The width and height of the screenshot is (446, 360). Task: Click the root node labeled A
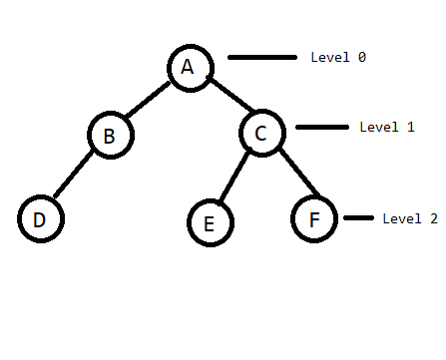pos(188,67)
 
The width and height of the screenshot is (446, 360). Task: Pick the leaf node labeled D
pos(40,219)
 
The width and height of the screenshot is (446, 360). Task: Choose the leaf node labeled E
pos(209,222)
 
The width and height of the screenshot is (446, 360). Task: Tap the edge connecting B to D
pos(74,178)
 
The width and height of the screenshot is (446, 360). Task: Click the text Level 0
pos(338,58)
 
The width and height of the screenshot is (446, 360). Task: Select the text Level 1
pos(386,128)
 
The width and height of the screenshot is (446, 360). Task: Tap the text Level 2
pos(409,218)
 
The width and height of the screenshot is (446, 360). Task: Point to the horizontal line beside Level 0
pos(262,58)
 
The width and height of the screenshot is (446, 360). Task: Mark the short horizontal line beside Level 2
pos(358,217)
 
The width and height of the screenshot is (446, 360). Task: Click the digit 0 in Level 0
pos(361,58)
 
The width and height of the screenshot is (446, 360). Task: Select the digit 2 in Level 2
pos(433,218)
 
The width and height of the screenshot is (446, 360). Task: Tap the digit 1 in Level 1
pos(410,128)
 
